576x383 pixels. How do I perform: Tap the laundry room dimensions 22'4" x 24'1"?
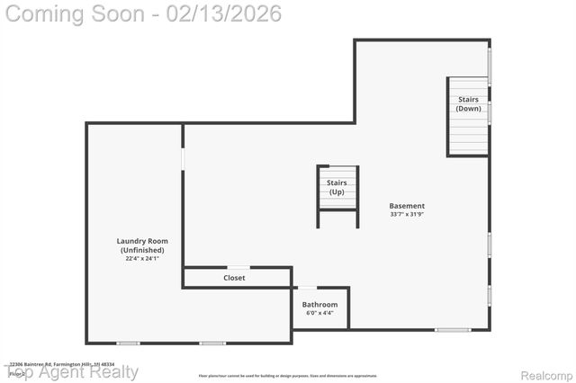tap(142, 258)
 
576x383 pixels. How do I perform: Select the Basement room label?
tap(408, 206)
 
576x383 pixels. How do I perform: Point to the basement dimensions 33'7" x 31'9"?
tap(408, 215)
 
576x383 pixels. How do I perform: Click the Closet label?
tap(234, 278)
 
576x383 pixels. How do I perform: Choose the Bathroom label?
tap(319, 305)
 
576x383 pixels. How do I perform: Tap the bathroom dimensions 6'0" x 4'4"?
tap(319, 314)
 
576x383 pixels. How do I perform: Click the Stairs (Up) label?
tap(337, 187)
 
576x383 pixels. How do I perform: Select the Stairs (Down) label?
tap(468, 103)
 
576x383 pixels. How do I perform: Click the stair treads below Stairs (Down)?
tap(468, 135)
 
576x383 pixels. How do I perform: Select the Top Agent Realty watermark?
tap(72, 371)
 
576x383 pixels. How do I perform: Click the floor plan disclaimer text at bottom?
tap(288, 376)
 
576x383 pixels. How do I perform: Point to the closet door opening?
tap(238, 267)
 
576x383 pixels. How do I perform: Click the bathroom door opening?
tap(308, 288)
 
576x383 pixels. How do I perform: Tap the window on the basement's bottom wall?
tap(453, 330)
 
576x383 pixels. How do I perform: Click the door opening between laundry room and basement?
tap(183, 158)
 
